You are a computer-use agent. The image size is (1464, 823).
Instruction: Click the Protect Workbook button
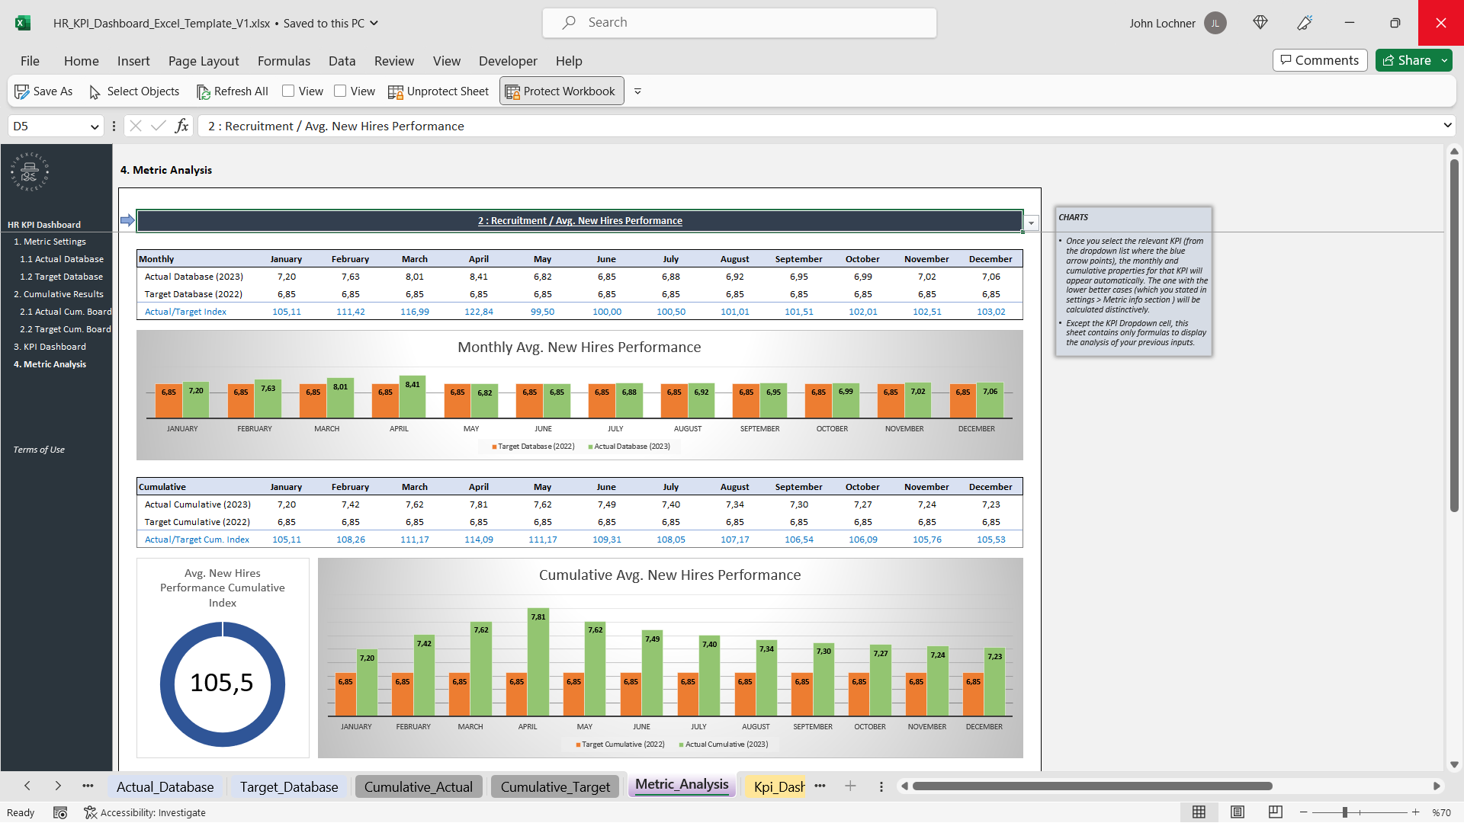(x=561, y=91)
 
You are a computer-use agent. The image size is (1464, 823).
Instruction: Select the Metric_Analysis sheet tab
(x=682, y=785)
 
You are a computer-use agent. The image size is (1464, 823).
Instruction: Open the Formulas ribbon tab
(x=284, y=61)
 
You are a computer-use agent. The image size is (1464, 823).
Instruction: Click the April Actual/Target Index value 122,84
(x=478, y=312)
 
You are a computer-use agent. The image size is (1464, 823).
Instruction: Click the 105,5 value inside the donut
(x=221, y=683)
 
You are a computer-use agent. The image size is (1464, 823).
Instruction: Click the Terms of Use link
(x=39, y=450)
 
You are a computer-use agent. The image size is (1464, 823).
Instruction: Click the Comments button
(x=1319, y=60)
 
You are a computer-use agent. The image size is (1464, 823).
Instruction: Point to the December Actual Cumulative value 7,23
(x=990, y=504)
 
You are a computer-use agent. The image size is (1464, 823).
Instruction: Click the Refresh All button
(x=233, y=91)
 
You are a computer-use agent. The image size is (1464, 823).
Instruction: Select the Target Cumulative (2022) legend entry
(x=621, y=745)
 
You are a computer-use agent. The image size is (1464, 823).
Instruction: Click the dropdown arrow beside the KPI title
(x=1031, y=223)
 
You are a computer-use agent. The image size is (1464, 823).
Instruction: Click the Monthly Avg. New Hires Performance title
(x=579, y=347)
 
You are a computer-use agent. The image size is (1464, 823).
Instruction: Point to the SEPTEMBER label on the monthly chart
(x=759, y=429)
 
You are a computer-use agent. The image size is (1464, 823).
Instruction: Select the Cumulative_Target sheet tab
(x=555, y=787)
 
